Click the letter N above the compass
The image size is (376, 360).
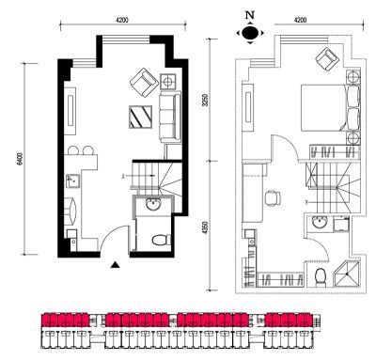tap(250, 15)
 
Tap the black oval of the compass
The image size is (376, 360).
tap(250, 32)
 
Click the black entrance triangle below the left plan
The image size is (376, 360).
tap(116, 265)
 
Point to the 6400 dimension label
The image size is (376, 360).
tap(21, 159)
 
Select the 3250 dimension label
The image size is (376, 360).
tap(205, 100)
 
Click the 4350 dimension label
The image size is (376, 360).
tap(205, 227)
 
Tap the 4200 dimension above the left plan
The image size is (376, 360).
tap(122, 21)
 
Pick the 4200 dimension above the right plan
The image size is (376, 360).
tap(300, 21)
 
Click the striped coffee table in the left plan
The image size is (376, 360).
tap(141, 117)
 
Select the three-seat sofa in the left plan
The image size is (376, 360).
tap(170, 117)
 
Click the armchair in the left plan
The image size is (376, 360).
tap(144, 82)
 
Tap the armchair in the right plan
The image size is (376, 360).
tap(327, 59)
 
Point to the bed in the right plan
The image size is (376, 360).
tap(331, 107)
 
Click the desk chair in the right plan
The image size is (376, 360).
tap(273, 198)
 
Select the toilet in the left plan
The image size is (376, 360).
tap(162, 240)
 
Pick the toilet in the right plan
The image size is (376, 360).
tap(321, 277)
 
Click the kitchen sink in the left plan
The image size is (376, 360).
tap(73, 181)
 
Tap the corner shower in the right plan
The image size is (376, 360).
tap(347, 274)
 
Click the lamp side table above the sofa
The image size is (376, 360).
tap(167, 82)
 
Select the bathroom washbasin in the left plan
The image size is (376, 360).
tap(153, 205)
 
